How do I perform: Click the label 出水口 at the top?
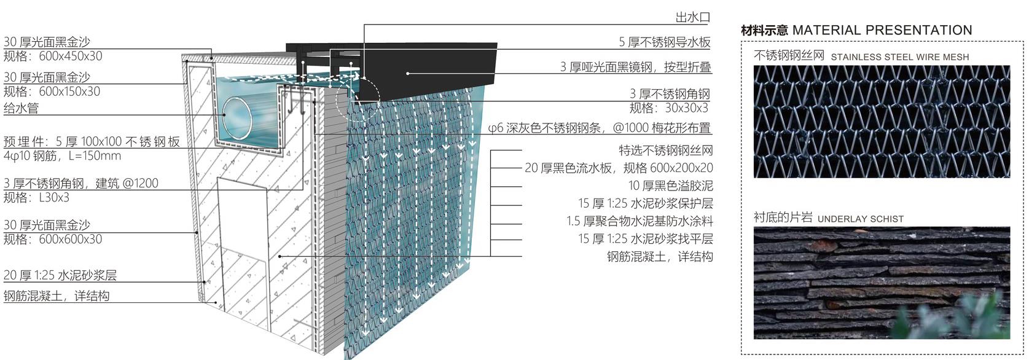693,17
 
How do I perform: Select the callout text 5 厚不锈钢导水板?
664,42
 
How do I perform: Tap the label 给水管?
21,108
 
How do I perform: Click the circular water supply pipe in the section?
238,117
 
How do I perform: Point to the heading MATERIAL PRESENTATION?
882,30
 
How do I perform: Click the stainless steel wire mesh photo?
882,121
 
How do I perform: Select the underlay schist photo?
882,283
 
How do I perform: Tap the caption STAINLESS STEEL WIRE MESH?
900,57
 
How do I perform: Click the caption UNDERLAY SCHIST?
861,219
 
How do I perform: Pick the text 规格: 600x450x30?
53,56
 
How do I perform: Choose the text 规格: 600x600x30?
53,239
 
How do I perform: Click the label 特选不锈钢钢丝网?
666,150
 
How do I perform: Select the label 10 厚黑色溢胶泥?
670,186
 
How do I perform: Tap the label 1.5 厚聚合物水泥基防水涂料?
640,221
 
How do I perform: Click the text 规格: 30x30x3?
669,108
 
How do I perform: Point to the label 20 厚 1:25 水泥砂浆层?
60,275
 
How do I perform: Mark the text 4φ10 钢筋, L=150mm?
63,156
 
